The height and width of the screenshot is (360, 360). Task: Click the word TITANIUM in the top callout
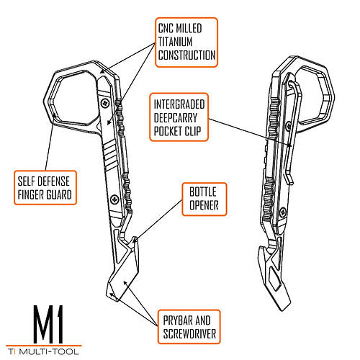coord(175,42)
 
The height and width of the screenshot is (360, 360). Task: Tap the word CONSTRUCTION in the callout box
coord(186,55)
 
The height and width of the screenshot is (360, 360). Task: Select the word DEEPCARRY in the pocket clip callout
coord(176,118)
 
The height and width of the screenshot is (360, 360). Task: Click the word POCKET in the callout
coord(168,131)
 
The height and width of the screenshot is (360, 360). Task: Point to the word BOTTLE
coord(203,192)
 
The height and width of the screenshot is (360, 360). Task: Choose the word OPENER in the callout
coord(204,205)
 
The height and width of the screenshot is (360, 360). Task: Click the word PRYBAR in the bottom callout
coord(177,320)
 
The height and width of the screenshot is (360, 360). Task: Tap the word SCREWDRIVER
coord(189,334)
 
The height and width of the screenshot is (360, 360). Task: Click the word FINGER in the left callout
coord(30,194)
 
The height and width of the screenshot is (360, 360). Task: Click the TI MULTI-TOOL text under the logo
coord(43,351)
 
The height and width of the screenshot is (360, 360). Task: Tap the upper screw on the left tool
coord(105,103)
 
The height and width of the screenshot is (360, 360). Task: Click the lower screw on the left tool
coord(114,199)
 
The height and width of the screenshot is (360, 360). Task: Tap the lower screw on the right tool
coord(283,212)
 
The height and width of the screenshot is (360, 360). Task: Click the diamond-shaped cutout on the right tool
coord(275,279)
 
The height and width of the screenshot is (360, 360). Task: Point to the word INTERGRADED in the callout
coord(179,104)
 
